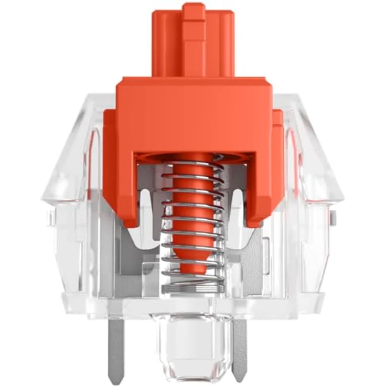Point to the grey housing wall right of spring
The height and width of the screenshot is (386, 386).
(262, 257)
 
